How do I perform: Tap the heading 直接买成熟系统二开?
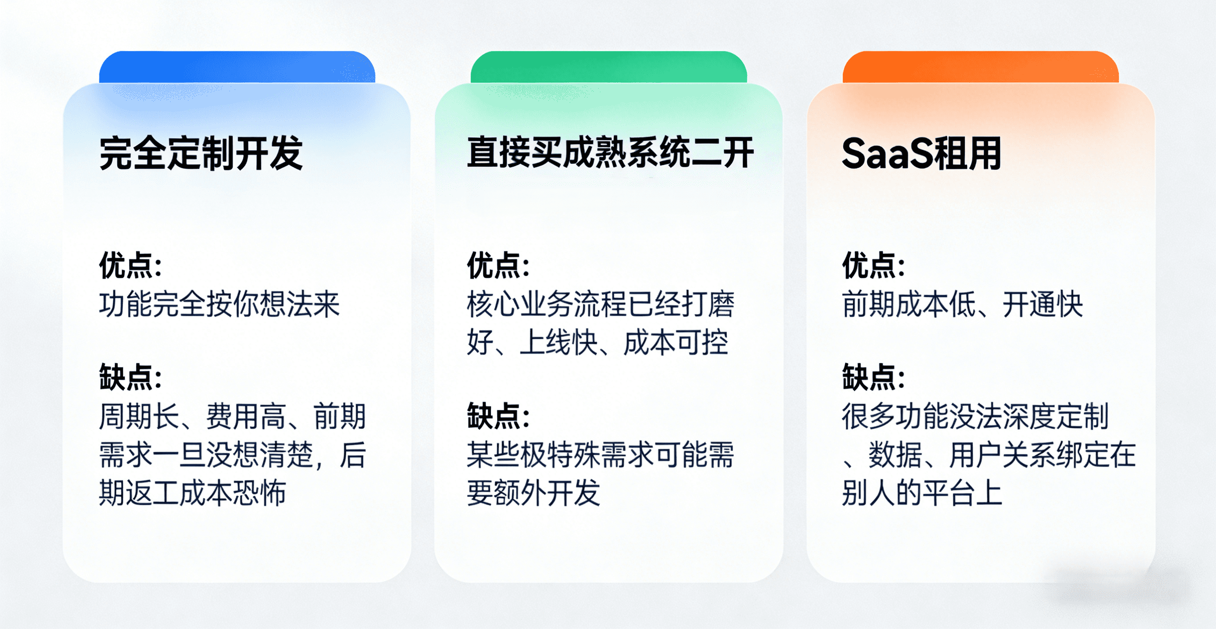click(610, 152)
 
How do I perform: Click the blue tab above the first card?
click(237, 67)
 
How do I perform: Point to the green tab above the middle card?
click(609, 67)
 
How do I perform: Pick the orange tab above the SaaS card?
click(980, 67)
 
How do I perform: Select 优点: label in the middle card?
click(498, 265)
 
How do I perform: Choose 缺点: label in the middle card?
click(498, 416)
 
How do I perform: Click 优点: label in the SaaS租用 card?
click(874, 265)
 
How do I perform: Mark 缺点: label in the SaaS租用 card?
click(874, 377)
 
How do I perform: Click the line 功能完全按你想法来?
click(220, 304)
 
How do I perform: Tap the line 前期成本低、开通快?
click(963, 304)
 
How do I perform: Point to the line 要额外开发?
click(534, 493)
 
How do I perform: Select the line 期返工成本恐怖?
click(192, 493)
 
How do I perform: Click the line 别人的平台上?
click(922, 493)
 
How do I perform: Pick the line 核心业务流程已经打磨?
click(600, 304)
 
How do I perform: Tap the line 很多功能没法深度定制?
click(975, 416)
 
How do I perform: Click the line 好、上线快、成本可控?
click(598, 343)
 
